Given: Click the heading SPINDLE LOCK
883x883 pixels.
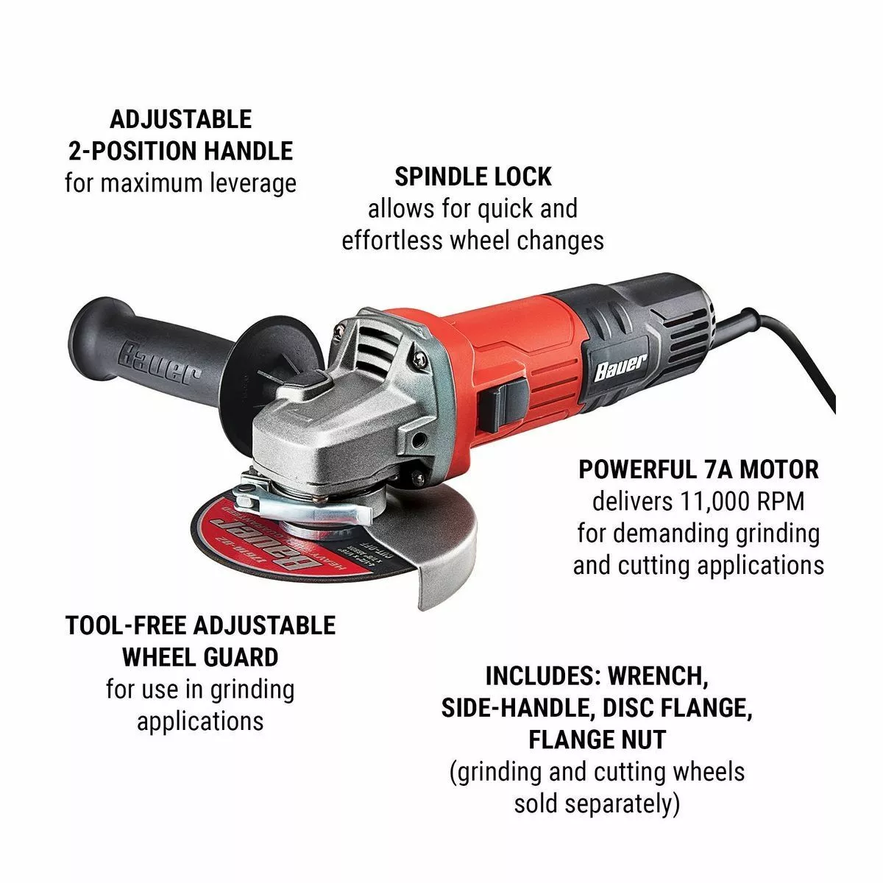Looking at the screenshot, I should click(x=472, y=177).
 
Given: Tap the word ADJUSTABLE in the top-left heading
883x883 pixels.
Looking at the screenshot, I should click(x=180, y=119).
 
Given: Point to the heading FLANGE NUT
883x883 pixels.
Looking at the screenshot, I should click(x=597, y=739).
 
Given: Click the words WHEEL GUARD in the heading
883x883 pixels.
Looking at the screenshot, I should click(x=200, y=657).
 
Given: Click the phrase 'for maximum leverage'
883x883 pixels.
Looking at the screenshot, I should click(x=180, y=182).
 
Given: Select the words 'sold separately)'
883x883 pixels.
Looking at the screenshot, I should click(x=597, y=804).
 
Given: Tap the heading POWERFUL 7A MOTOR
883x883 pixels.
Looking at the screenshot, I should click(x=698, y=469).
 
